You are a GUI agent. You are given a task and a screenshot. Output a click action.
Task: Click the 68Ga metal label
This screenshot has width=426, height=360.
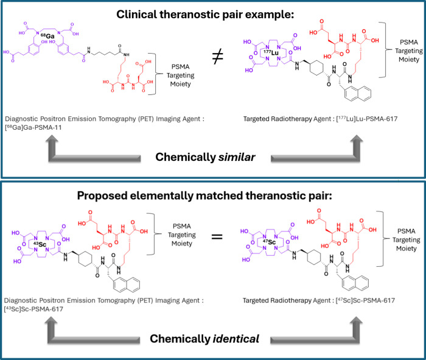47,36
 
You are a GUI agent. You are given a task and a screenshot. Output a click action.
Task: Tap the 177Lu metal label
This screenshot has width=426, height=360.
271,52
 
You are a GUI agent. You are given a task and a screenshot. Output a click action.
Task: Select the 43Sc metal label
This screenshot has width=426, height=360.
40,244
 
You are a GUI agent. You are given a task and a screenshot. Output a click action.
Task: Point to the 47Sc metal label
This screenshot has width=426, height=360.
269,242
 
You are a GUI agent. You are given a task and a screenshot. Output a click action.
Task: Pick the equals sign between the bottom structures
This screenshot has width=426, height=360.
217,237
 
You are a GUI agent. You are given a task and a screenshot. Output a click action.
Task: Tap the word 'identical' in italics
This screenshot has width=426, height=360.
236,339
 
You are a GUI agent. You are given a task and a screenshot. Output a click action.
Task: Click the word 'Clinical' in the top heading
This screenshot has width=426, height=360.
136,14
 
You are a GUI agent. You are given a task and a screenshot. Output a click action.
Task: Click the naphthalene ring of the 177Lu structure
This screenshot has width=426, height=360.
357,93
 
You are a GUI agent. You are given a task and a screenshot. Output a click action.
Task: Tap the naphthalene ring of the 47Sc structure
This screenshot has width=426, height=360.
355,283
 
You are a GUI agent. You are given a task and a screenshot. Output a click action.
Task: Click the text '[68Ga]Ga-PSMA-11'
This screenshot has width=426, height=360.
33,127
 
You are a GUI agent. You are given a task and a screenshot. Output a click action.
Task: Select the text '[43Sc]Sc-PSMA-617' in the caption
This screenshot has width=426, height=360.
33,309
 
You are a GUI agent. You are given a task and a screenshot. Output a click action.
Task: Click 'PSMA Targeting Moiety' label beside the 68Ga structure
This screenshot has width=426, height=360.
180,76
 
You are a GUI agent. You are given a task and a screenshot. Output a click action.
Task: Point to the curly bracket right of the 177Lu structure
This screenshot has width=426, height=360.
385,50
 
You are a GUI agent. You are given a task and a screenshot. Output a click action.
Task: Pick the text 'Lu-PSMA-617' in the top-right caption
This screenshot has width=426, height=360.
372,119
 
